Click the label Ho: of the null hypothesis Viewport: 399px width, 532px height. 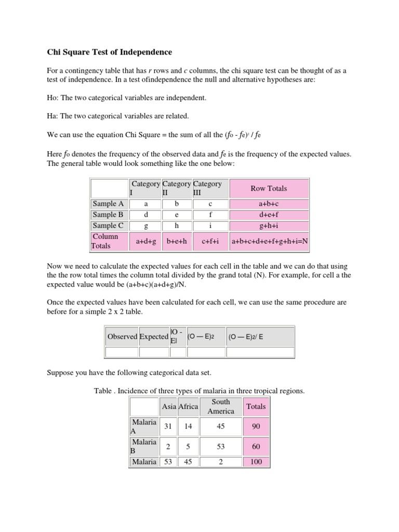click(x=54, y=98)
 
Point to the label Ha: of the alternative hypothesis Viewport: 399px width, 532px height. click(x=54, y=116)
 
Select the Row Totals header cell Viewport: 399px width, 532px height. click(x=269, y=189)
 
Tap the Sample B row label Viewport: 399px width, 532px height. click(x=108, y=215)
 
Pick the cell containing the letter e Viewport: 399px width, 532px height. click(x=177, y=215)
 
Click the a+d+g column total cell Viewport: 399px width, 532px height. click(x=146, y=241)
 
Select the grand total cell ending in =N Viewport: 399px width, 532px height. click(x=270, y=241)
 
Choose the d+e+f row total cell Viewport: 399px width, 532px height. click(x=269, y=215)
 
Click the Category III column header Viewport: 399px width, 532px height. click(x=207, y=189)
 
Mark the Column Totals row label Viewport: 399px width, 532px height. click(x=108, y=241)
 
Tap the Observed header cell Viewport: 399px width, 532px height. click(x=122, y=337)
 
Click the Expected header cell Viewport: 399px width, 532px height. click(x=154, y=337)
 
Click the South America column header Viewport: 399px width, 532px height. click(x=221, y=406)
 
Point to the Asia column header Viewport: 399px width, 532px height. click(x=168, y=406)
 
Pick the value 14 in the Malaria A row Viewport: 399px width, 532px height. click(x=188, y=427)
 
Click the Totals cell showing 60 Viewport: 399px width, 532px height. click(x=256, y=447)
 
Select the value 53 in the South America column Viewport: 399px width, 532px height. click(x=221, y=447)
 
